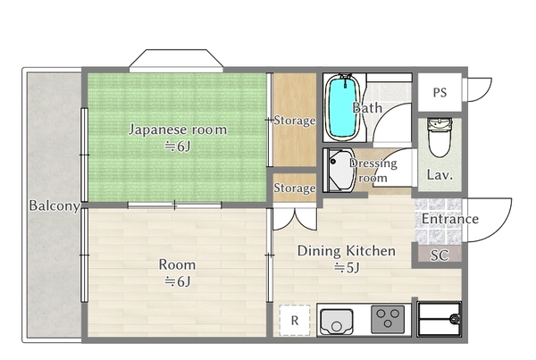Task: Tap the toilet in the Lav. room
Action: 440,136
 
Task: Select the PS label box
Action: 440,92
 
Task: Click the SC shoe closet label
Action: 439,255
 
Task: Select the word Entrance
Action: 449,219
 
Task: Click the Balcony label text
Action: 54,205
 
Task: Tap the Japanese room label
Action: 177,130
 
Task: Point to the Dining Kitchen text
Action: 346,251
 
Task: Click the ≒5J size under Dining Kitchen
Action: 346,267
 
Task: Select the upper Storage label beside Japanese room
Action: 295,120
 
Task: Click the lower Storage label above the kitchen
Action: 295,188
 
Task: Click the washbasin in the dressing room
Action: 339,172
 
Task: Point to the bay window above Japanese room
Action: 174,61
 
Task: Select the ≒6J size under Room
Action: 177,281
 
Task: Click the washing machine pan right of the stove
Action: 440,317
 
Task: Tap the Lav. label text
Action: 440,175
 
